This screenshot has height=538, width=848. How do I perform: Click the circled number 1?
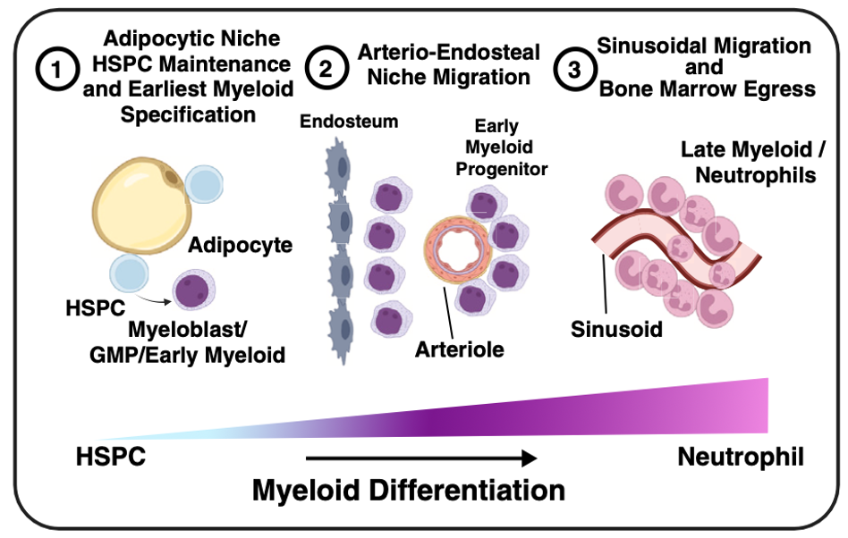58,73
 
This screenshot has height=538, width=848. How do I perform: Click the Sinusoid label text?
617,328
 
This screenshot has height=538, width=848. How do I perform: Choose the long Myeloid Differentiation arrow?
420,458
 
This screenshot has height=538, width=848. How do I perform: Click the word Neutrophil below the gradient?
741,458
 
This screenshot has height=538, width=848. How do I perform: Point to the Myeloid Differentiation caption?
408,491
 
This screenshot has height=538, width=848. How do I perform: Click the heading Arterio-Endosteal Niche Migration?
437,64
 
